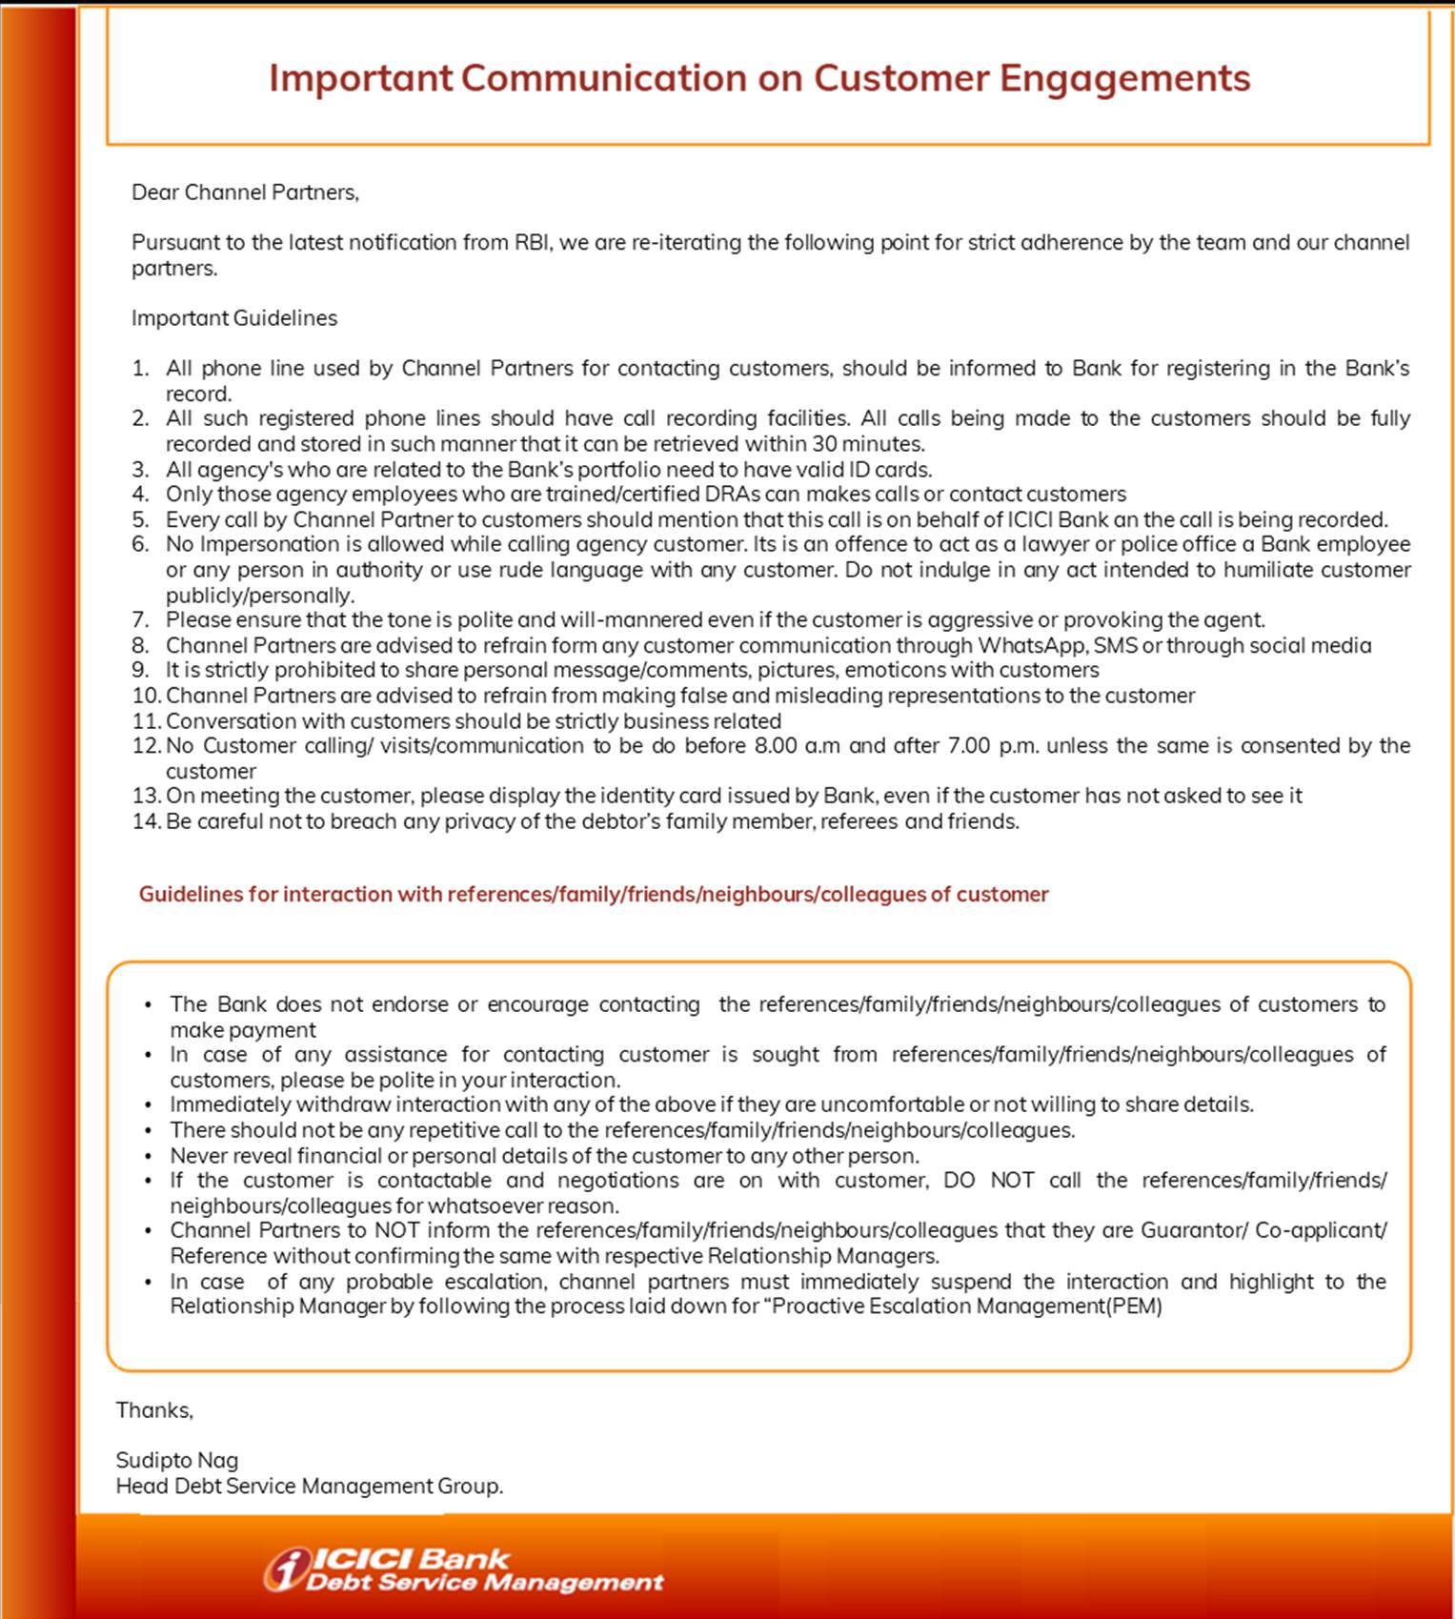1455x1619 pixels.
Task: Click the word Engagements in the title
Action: tap(1124, 78)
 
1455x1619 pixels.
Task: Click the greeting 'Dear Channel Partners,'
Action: tap(245, 192)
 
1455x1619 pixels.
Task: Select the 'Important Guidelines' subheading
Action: tap(234, 318)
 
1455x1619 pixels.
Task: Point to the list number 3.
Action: tap(141, 470)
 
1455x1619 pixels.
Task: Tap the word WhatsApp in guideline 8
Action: tap(1033, 646)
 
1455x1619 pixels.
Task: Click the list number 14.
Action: tap(146, 821)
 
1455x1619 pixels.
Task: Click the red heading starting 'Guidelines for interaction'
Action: tap(594, 895)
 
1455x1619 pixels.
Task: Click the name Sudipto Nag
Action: tap(177, 1461)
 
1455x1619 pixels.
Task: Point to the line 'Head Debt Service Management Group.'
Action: tap(310, 1487)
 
